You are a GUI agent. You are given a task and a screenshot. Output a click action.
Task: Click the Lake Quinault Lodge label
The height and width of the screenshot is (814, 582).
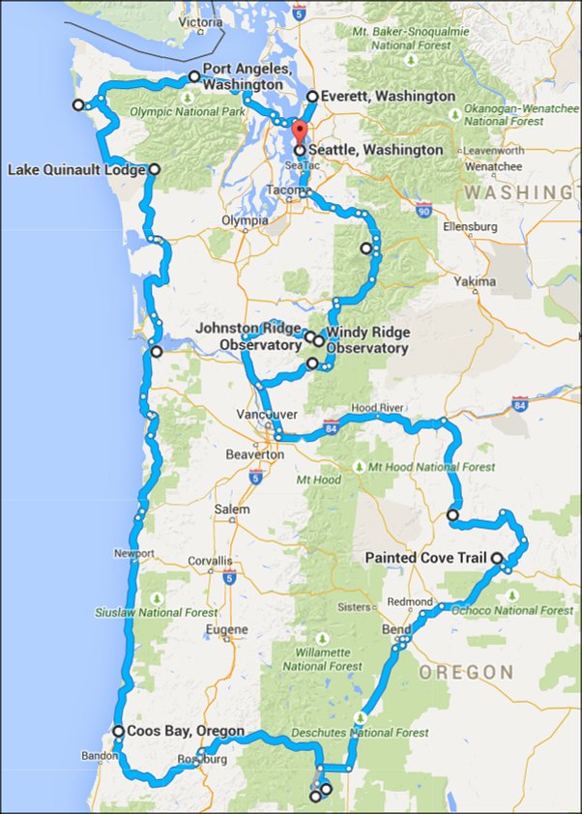tap(76, 170)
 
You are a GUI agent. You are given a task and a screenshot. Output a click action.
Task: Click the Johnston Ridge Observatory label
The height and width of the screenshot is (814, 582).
tap(249, 336)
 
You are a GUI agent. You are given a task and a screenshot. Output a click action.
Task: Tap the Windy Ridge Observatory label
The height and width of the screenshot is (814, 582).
tap(367, 339)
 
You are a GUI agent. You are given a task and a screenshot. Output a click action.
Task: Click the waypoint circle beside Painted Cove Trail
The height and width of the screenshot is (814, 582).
tap(496, 558)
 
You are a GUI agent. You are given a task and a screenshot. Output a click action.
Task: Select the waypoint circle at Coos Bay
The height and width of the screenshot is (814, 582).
tap(117, 731)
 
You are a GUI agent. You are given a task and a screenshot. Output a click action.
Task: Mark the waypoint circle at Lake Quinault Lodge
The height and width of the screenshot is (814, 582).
tap(155, 170)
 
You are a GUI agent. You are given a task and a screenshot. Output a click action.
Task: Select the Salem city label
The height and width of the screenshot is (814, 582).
tap(232, 509)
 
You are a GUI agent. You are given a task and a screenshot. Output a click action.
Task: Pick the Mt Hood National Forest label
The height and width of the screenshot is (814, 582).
tap(410, 467)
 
